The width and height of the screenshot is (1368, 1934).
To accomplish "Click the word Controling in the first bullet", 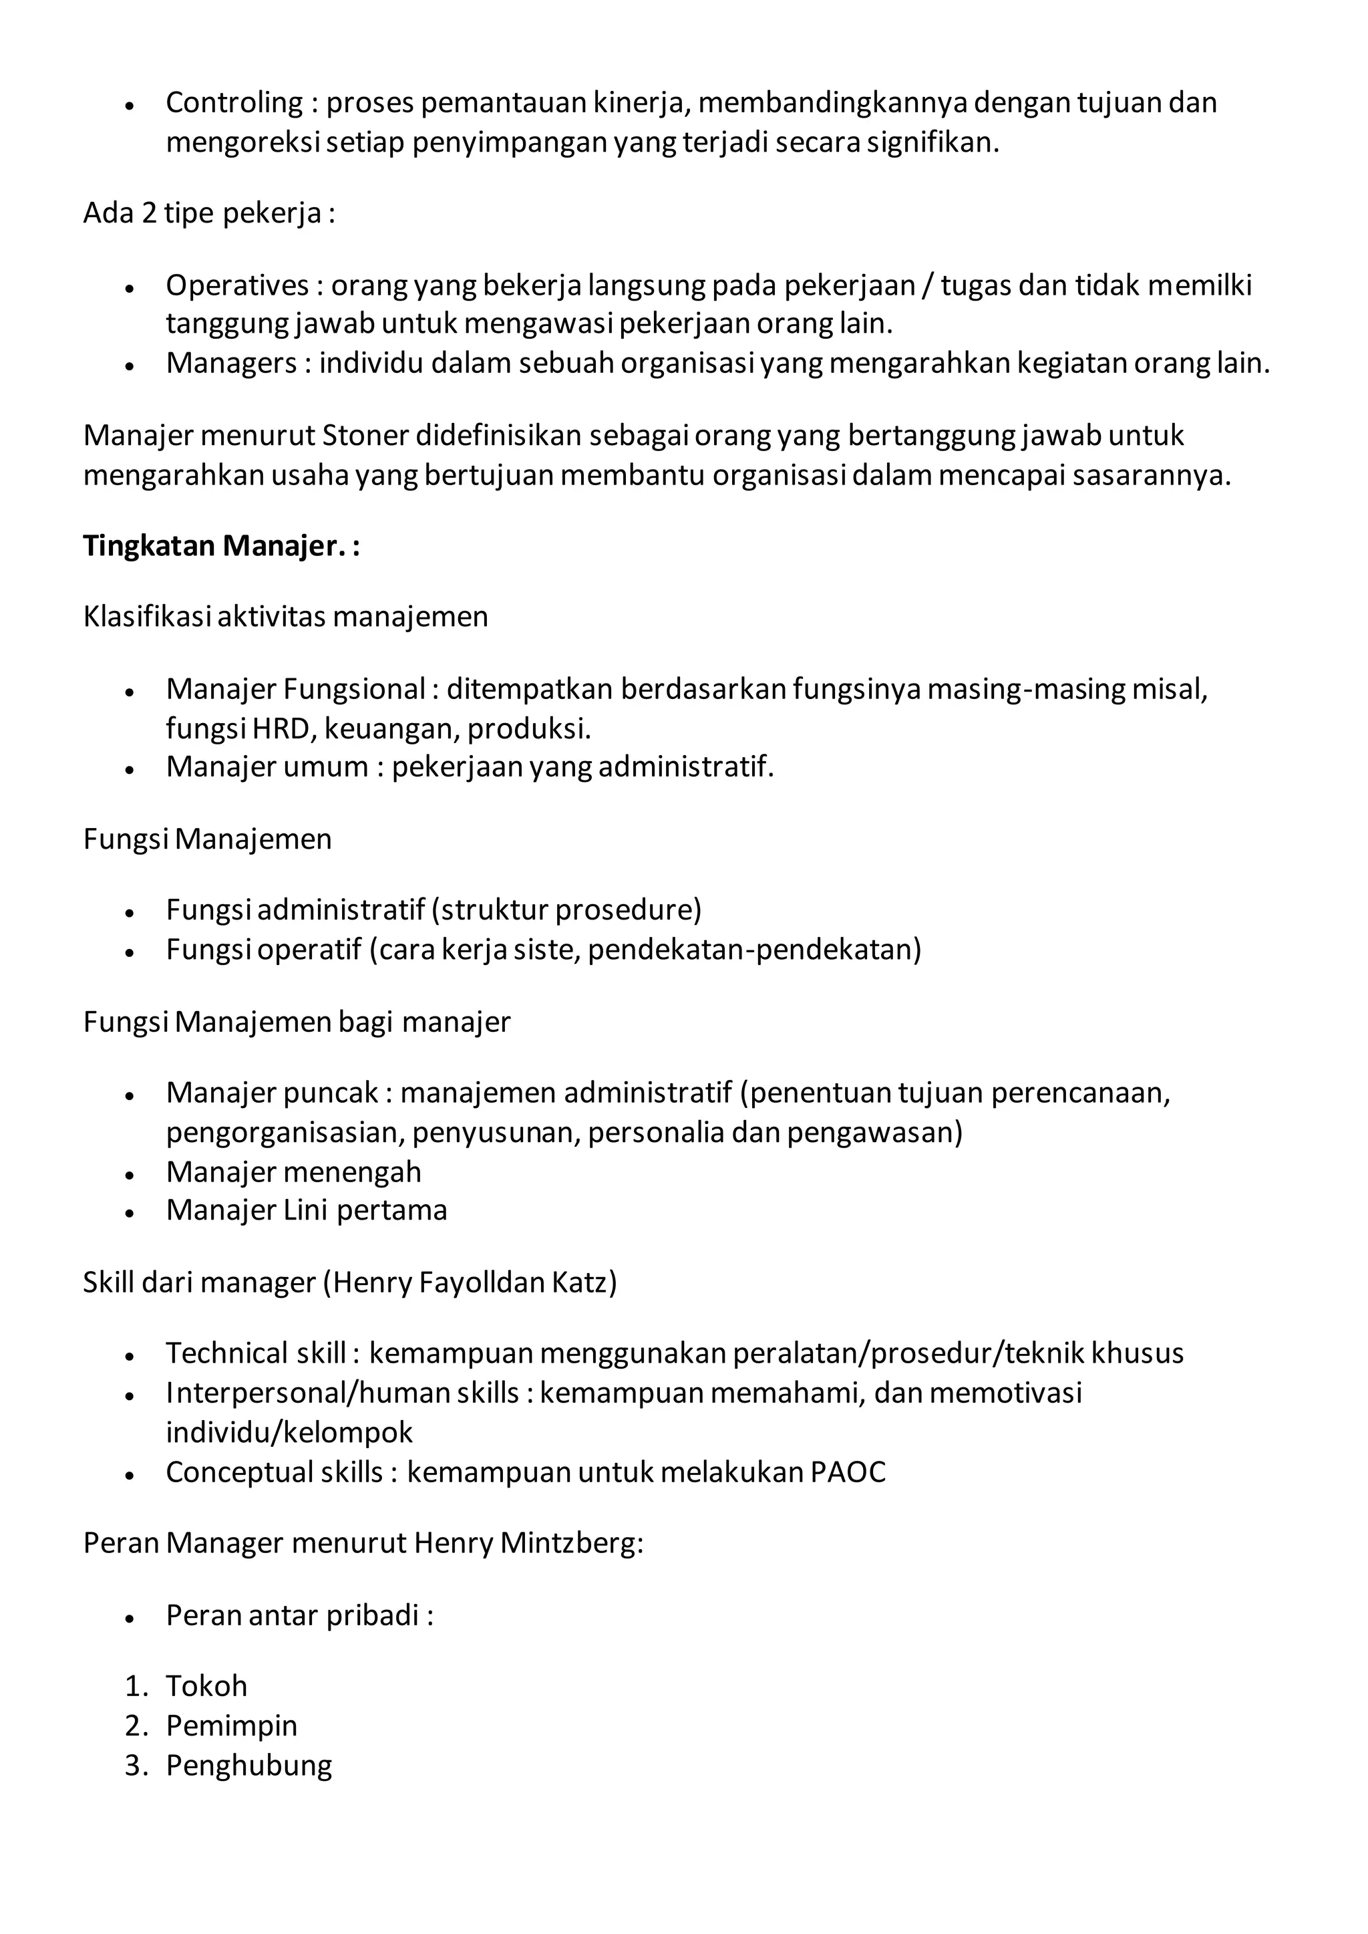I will (x=233, y=103).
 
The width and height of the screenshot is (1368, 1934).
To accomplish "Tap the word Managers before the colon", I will (x=231, y=363).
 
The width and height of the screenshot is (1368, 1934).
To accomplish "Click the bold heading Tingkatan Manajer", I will (x=215, y=546).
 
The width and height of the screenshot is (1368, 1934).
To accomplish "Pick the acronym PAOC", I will (x=848, y=1472).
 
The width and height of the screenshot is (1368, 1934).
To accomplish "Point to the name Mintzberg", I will (x=571, y=1543).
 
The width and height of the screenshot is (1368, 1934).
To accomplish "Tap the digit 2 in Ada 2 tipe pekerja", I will (x=149, y=213).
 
